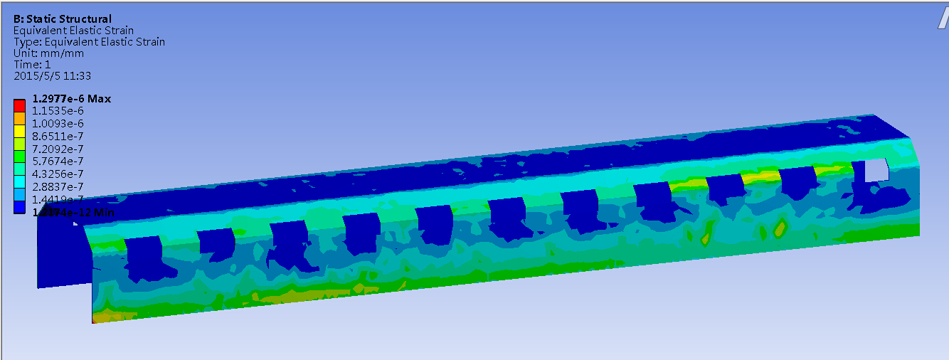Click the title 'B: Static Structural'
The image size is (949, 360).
(63, 18)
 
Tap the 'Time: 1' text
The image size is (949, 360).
(32, 64)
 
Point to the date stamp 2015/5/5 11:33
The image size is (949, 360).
(52, 75)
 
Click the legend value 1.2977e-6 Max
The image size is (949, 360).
(72, 99)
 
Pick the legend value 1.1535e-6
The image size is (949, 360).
(58, 111)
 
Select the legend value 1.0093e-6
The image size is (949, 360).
(58, 124)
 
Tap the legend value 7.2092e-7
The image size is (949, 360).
(58, 149)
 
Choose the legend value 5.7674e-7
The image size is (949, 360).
(58, 162)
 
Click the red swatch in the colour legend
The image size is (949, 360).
(20, 105)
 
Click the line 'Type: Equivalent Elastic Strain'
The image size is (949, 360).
(89, 41)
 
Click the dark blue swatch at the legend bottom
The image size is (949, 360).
(20, 207)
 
